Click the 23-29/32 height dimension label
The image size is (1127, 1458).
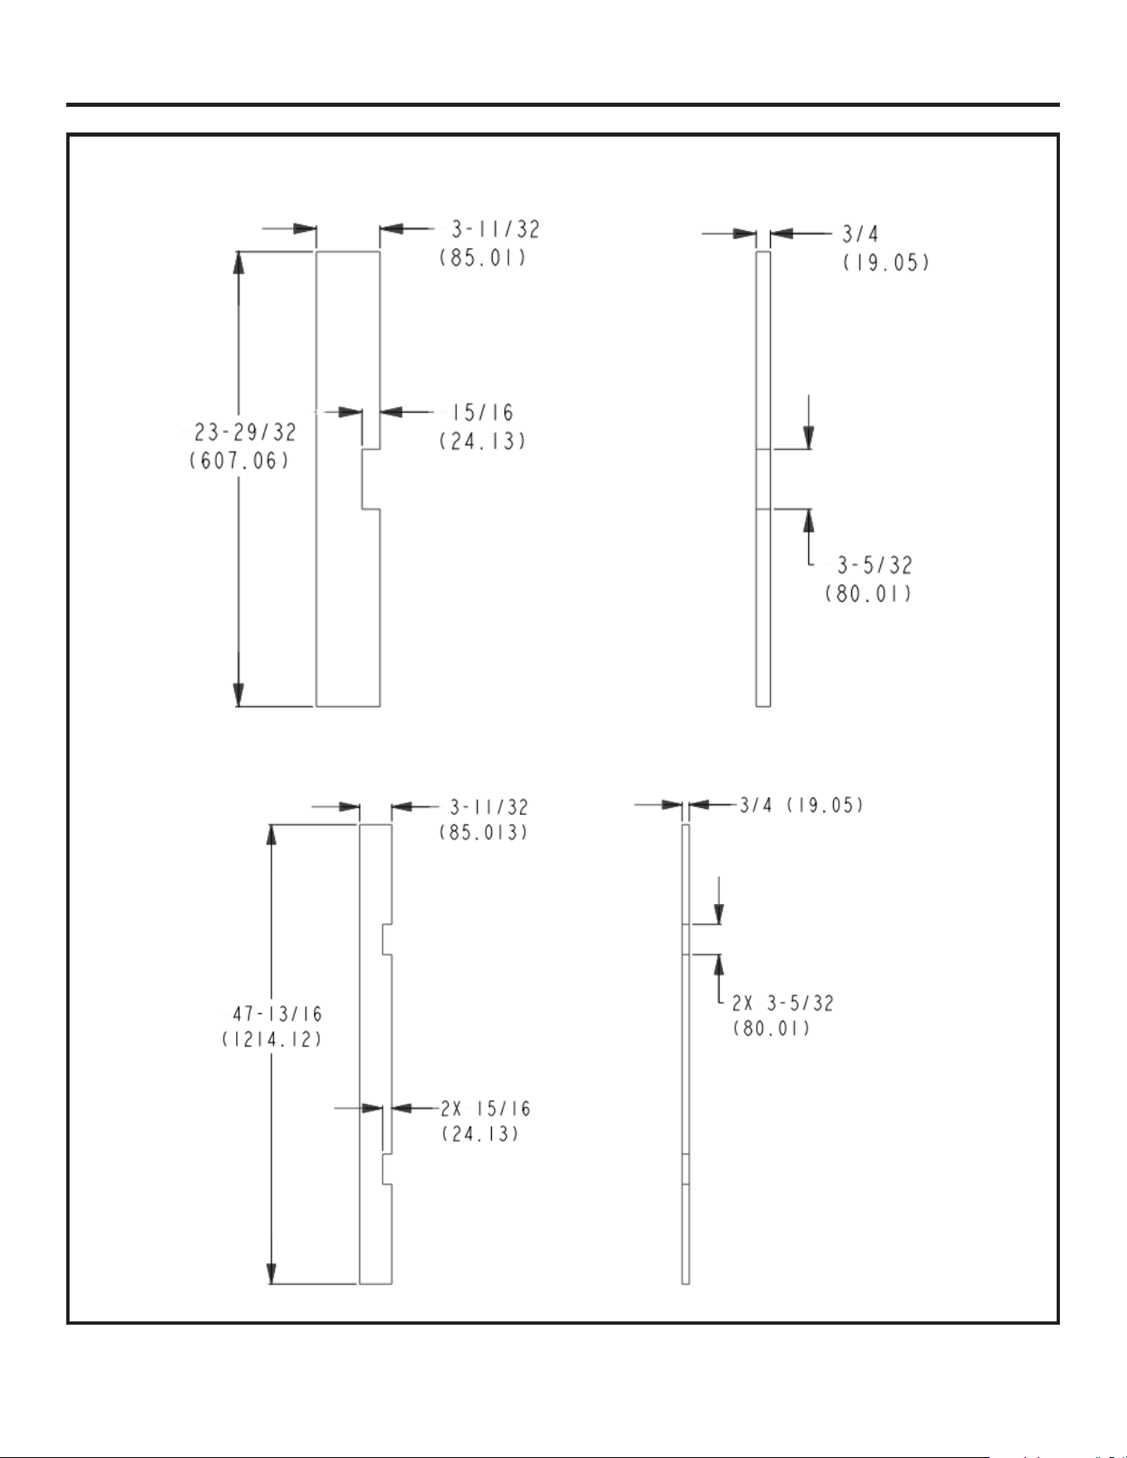(x=245, y=432)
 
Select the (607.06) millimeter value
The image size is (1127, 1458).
(x=240, y=460)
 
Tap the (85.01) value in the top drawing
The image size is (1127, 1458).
(x=483, y=257)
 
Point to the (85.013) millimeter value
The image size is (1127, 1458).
(x=484, y=832)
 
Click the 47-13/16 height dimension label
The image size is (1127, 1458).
(x=277, y=1013)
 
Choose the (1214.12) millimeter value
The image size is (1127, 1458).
(x=272, y=1040)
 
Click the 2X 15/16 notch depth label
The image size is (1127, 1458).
(x=485, y=1109)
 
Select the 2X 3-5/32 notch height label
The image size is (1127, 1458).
(x=783, y=1003)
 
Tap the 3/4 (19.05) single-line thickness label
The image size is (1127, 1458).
(x=802, y=804)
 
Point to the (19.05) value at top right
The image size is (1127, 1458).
(x=887, y=262)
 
